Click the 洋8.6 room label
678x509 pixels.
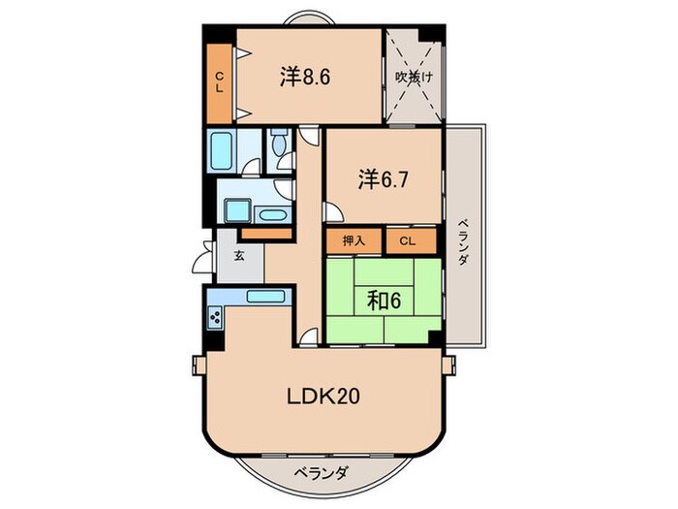[x=305, y=77]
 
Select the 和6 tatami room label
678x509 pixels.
[x=385, y=301]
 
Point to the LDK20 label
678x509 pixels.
[x=324, y=396]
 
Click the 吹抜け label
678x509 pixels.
[x=414, y=77]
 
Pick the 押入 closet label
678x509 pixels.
[x=354, y=240]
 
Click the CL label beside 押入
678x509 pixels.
[x=407, y=240]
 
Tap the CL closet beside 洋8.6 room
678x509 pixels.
[x=220, y=83]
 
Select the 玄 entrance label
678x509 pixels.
[x=239, y=255]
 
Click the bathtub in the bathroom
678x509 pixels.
[x=222, y=150]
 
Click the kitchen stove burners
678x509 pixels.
[x=215, y=318]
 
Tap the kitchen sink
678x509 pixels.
[x=265, y=297]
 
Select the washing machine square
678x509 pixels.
[x=237, y=210]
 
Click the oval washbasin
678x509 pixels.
[x=273, y=215]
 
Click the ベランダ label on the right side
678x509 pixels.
[x=464, y=242]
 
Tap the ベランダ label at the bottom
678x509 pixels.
[x=321, y=473]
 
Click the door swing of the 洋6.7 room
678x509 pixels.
[x=334, y=212]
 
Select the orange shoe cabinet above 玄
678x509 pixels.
[x=266, y=234]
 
